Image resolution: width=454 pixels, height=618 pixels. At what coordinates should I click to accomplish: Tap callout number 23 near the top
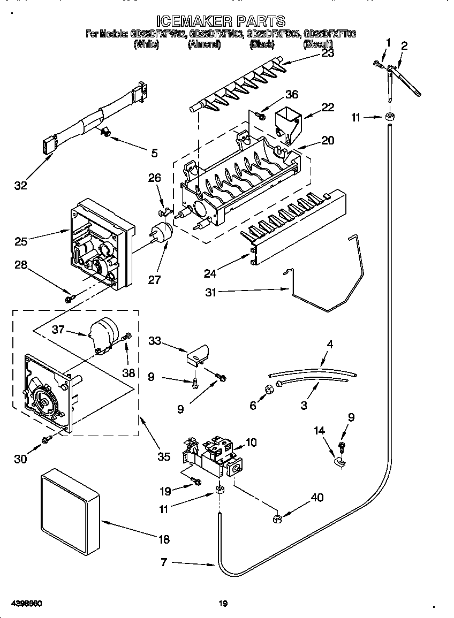(327, 52)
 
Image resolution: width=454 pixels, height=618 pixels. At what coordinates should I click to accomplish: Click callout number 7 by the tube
(164, 562)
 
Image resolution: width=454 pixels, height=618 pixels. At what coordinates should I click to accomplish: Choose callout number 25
(21, 242)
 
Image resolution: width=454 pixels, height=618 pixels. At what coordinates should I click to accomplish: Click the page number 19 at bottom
(223, 604)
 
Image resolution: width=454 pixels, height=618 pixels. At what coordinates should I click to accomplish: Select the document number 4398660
(26, 604)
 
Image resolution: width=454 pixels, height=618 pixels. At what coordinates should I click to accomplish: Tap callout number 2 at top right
(404, 46)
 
